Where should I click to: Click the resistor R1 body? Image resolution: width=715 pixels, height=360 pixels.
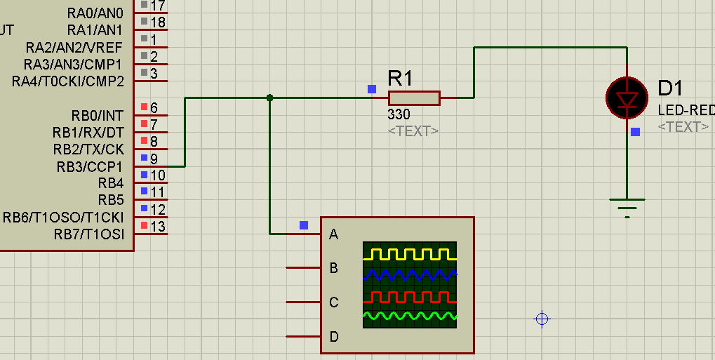coord(414,98)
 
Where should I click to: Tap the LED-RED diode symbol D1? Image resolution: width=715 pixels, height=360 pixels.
coord(627,98)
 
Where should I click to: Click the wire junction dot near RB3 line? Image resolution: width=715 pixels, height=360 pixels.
coord(269,98)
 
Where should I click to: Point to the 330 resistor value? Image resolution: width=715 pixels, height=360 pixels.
coord(399,114)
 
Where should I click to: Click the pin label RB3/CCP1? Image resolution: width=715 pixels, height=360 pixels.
coord(90,167)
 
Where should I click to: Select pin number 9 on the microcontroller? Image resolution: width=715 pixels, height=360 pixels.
coord(154,159)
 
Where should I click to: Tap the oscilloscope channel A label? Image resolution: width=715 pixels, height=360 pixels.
coord(334,234)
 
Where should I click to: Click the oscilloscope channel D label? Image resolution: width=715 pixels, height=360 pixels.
coord(334,337)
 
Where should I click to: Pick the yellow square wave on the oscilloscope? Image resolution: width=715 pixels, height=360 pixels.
coord(410,254)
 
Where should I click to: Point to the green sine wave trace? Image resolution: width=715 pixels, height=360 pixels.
coord(410,316)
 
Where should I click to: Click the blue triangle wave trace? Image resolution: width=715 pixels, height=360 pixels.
coord(410,274)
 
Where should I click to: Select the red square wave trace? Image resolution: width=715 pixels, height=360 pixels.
coord(410,297)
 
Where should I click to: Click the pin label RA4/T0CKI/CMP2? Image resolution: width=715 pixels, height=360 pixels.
coord(68,81)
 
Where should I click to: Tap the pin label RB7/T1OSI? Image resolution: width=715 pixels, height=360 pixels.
coord(89,234)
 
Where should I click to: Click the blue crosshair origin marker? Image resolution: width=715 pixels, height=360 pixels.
coord(542,319)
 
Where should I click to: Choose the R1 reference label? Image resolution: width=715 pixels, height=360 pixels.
coord(400,79)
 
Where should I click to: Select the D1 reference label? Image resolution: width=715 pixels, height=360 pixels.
coord(670,88)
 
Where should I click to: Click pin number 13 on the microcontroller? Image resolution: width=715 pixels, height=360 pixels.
coord(158,226)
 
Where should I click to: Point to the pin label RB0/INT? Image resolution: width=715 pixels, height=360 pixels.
coord(98,115)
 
